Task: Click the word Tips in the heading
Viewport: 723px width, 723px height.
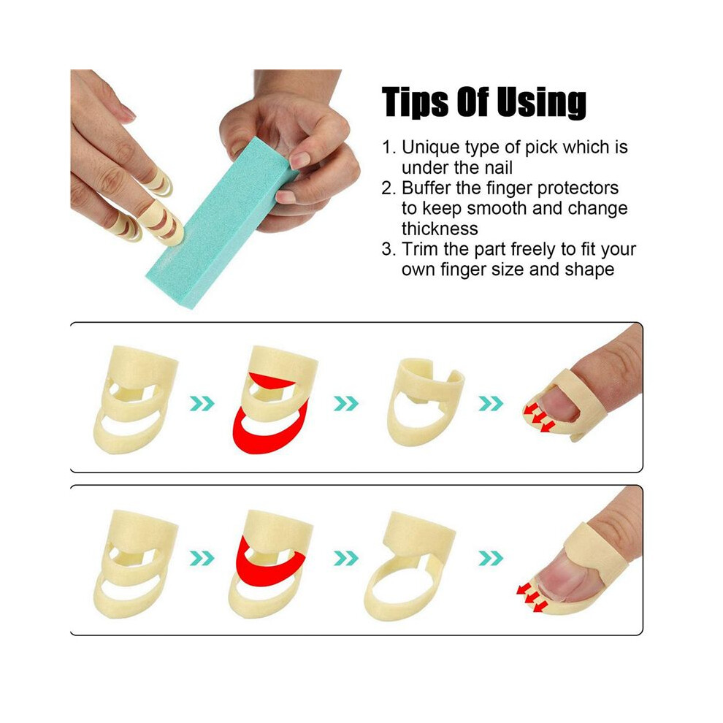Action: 415,103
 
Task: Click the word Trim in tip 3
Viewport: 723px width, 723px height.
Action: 420,249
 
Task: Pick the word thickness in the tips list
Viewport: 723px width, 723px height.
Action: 440,229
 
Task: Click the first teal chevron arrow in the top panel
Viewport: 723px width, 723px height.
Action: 202,403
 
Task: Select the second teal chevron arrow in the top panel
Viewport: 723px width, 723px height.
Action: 346,403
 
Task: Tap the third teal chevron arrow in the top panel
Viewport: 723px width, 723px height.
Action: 491,403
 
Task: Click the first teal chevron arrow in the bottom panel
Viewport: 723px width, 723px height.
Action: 202,558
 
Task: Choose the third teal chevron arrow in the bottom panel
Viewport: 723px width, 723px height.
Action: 491,558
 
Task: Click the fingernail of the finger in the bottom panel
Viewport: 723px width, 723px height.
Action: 565,578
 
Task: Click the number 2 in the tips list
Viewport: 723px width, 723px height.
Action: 386,188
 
